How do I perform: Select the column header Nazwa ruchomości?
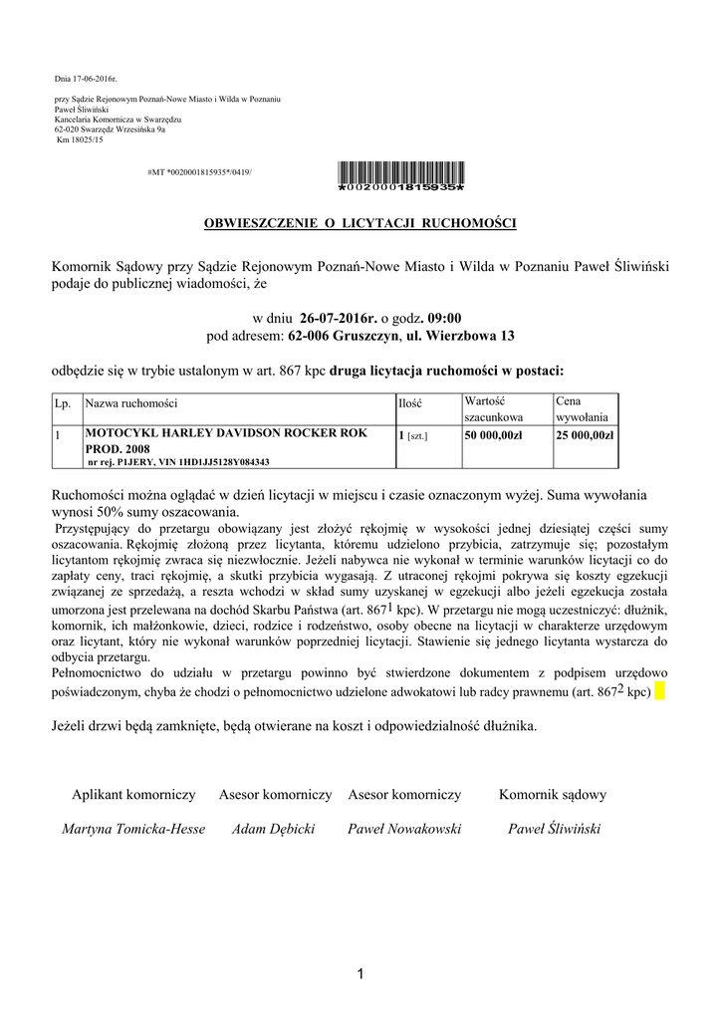131,405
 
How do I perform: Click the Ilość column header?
410,405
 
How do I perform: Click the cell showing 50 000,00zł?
493,435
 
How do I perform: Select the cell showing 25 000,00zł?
586,435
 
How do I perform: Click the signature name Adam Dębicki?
274,829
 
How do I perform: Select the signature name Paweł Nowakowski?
404,829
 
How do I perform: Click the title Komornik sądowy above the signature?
553,795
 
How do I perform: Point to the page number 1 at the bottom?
361,973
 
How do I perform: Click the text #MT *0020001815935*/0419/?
199,172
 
